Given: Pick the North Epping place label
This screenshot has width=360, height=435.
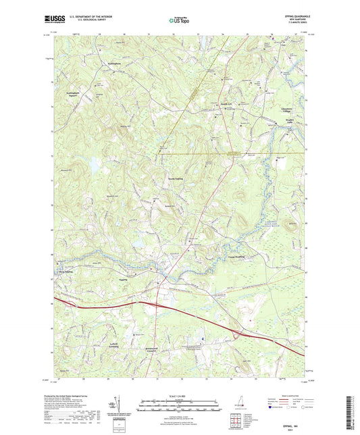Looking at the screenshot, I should click(175, 178).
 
